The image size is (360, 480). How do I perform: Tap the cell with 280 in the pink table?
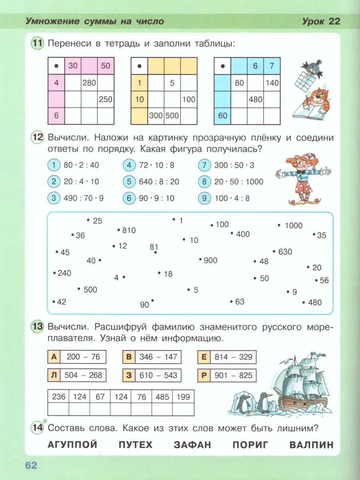click(x=89, y=83)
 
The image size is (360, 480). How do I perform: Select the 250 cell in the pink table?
click(x=106, y=100)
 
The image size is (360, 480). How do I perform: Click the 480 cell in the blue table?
click(x=255, y=100)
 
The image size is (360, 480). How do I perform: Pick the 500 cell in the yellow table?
click(x=172, y=116)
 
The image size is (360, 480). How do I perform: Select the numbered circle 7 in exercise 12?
click(x=204, y=165)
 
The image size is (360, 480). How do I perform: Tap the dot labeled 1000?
click(x=279, y=225)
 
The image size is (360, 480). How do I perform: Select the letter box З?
click(x=129, y=375)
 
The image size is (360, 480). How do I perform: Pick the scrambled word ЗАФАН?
click(x=192, y=445)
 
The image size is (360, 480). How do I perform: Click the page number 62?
click(x=31, y=465)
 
